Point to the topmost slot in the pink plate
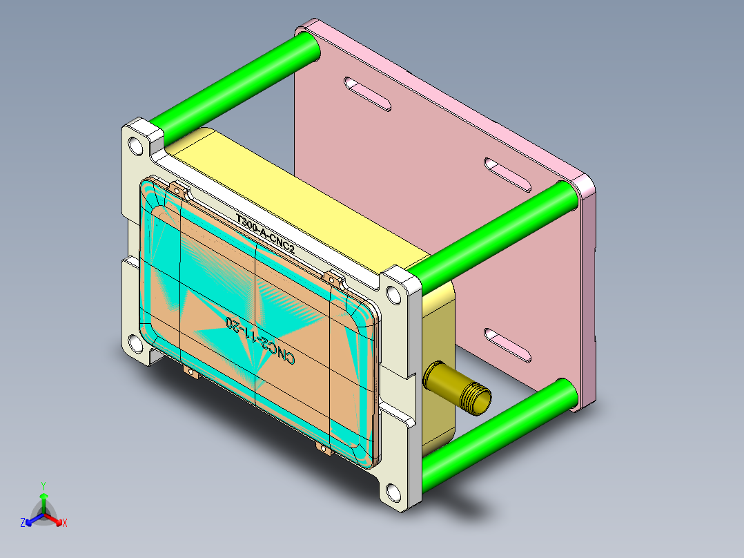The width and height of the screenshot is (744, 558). click(x=368, y=93)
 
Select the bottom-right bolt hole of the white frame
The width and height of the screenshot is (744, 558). click(x=393, y=492)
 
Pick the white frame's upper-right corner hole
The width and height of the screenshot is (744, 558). click(x=394, y=295)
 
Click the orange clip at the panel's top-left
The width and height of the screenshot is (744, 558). click(x=179, y=189)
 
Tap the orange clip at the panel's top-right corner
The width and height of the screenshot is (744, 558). click(x=335, y=279)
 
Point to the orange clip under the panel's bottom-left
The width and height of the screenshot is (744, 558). click(x=190, y=373)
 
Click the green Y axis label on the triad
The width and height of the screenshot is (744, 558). click(x=43, y=485)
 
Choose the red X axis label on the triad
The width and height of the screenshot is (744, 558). click(x=64, y=523)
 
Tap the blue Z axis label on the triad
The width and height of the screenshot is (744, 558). click(x=23, y=523)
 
